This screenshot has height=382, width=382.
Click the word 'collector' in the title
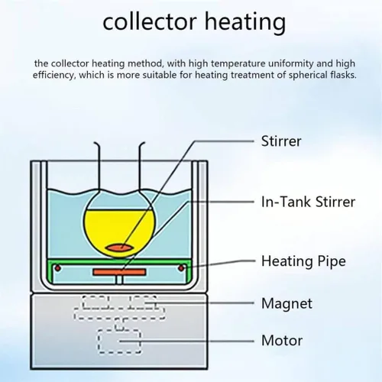(150, 22)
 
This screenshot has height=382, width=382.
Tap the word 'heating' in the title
(245, 23)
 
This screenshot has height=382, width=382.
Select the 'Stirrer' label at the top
(281, 141)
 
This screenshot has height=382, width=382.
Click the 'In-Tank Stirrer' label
(308, 202)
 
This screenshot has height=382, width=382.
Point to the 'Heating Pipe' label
(303, 261)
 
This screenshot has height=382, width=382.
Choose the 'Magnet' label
(286, 303)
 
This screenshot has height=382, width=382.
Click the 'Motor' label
(282, 341)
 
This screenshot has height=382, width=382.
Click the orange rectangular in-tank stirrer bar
(119, 272)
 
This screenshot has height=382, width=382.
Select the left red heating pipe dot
(58, 268)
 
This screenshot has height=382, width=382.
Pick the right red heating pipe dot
(181, 268)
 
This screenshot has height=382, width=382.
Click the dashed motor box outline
(99, 342)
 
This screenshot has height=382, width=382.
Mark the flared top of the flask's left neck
(96, 144)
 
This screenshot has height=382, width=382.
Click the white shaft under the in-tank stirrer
(119, 280)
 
